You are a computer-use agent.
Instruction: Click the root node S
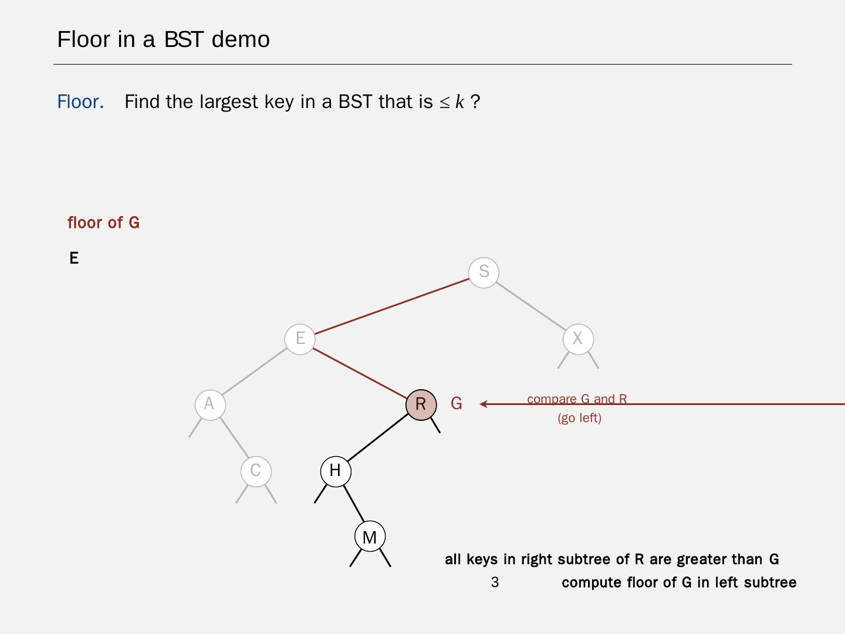484,272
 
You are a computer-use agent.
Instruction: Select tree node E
300,339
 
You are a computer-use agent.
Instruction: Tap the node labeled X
578,339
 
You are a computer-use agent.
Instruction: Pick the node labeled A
209,404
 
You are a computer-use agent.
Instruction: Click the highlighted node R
421,404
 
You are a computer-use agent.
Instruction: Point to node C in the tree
256,471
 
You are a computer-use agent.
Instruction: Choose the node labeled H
336,471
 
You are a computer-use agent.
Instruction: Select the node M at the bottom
370,537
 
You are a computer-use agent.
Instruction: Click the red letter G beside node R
457,404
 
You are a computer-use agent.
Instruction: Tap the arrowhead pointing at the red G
483,404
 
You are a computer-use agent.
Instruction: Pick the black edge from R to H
378,437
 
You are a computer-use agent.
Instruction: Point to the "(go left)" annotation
579,418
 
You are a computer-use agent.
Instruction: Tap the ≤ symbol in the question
445,103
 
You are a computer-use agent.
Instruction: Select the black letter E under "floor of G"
74,258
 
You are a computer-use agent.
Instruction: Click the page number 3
495,582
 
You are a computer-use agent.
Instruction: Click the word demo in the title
241,39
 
